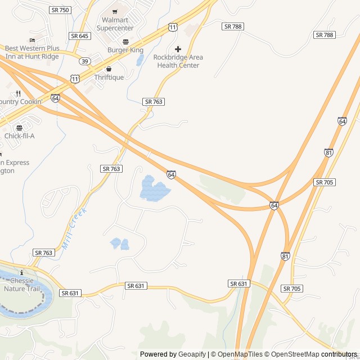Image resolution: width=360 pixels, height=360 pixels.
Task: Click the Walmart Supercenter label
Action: (x=115, y=24)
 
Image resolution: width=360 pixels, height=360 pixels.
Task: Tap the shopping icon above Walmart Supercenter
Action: (x=115, y=12)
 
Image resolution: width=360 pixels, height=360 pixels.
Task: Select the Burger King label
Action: (x=125, y=50)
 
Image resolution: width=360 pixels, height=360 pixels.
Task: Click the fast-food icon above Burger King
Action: (x=125, y=42)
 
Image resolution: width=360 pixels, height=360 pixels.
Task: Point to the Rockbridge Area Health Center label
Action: (x=178, y=61)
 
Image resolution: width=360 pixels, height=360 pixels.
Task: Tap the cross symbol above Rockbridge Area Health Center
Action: (x=178, y=49)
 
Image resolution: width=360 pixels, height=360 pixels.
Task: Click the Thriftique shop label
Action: (x=109, y=77)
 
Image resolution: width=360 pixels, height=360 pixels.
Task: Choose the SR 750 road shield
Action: (x=60, y=10)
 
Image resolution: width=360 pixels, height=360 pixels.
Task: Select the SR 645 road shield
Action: (x=79, y=35)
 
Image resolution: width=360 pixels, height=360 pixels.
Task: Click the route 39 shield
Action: (x=84, y=61)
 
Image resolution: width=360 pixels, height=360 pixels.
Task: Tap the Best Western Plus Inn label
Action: (x=32, y=52)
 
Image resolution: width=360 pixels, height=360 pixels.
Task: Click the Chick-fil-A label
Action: (x=20, y=136)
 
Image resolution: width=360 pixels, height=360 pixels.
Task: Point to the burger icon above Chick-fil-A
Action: (x=20, y=128)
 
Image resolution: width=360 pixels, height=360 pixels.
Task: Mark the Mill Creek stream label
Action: (x=75, y=228)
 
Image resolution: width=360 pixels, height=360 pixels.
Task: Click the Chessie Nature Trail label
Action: (x=22, y=285)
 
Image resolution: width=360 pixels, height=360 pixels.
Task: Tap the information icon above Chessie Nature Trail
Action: (x=21, y=273)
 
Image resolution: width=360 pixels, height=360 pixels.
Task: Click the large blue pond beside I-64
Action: (x=153, y=190)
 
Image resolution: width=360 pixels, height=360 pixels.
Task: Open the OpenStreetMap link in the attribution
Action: (x=292, y=354)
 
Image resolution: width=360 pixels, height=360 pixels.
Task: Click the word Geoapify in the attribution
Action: (x=192, y=354)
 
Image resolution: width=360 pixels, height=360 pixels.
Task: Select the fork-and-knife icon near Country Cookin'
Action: (x=19, y=93)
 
